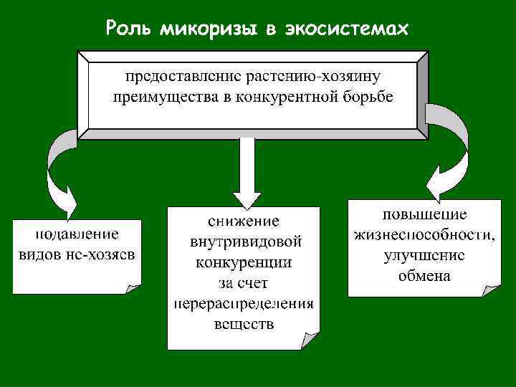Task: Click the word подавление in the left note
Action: tap(77, 234)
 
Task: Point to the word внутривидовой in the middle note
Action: tap(244, 242)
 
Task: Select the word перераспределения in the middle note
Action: tap(244, 304)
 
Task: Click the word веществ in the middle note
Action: tap(244, 325)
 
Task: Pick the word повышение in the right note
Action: tap(424, 214)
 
